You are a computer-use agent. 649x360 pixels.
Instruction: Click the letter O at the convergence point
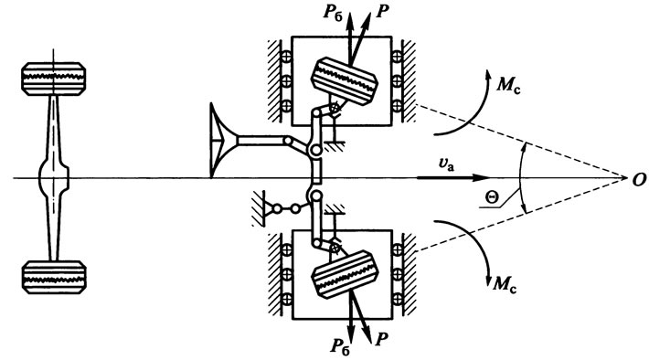pyautogui.click(x=639, y=180)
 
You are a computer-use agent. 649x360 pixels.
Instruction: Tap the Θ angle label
pyautogui.click(x=492, y=198)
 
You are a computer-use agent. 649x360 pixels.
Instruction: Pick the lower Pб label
pyautogui.click(x=340, y=346)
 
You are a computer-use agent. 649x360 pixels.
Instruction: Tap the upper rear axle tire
pyautogui.click(x=53, y=79)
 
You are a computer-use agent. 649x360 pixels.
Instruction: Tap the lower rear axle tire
pyautogui.click(x=54, y=277)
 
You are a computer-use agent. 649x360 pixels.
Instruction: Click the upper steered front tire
pyautogui.click(x=345, y=81)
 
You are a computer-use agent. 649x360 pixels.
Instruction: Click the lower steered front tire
pyautogui.click(x=346, y=274)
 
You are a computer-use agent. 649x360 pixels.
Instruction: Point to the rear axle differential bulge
pyautogui.click(x=53, y=178)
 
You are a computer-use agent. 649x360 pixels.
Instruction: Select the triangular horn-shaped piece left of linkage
pyautogui.click(x=224, y=141)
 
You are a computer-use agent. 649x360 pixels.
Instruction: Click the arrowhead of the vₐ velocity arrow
pyautogui.click(x=482, y=178)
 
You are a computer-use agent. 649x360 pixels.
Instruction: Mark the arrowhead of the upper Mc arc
pyautogui.click(x=488, y=75)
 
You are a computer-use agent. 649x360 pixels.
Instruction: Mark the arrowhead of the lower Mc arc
pyautogui.click(x=489, y=280)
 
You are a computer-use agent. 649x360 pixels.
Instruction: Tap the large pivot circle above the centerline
pyautogui.click(x=315, y=150)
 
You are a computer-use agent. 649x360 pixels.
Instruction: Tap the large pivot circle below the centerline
pyautogui.click(x=315, y=196)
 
